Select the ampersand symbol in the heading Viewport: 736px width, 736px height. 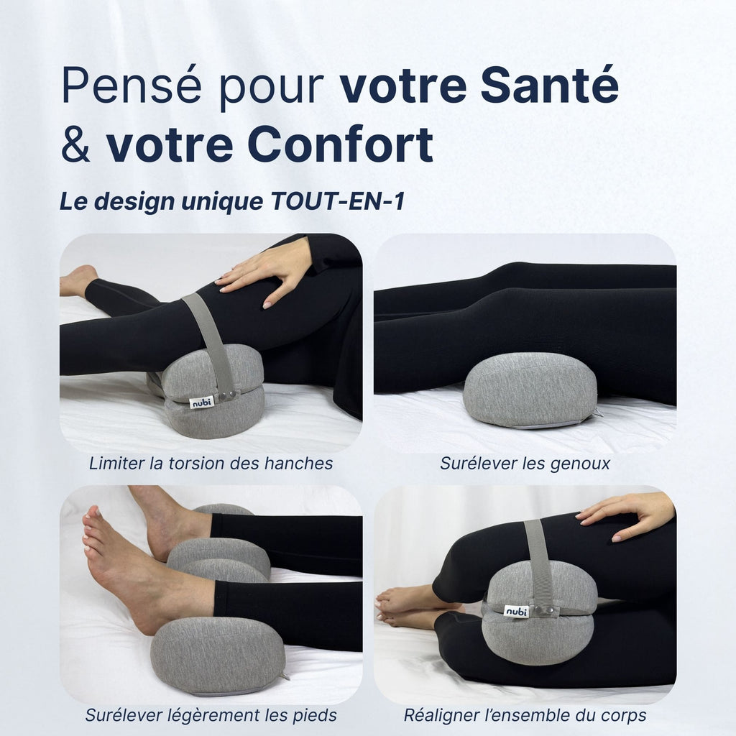click(75, 144)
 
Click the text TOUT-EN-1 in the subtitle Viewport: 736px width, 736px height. click(337, 202)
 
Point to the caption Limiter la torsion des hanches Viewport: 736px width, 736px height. click(211, 464)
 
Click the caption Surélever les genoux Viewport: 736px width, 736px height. click(525, 464)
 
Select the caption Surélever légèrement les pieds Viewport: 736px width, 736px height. click(211, 715)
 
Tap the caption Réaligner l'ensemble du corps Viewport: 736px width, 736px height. click(525, 715)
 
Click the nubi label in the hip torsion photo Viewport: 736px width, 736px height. click(202, 402)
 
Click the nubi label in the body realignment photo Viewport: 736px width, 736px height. click(516, 611)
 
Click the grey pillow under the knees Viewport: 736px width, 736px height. click(530, 390)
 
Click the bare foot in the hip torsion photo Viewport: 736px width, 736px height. click(78, 280)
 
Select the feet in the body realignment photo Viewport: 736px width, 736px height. click(406, 607)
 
